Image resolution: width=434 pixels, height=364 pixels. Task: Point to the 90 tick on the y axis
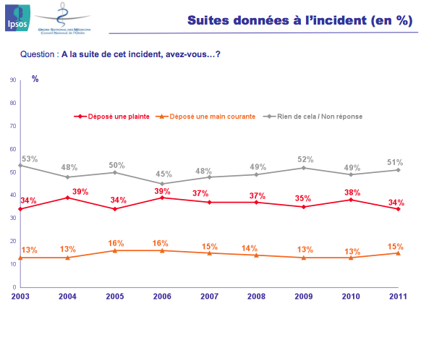(14, 80)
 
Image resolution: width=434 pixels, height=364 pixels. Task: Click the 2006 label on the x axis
(161, 297)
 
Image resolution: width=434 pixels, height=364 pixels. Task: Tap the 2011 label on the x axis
(398, 297)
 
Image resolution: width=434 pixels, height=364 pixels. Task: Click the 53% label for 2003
(29, 158)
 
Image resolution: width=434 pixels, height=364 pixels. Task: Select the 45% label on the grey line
(163, 174)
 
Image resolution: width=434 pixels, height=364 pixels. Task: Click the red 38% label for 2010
(352, 192)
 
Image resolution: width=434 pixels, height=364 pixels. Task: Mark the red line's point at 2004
(67, 198)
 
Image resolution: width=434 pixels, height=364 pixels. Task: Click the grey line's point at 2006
(162, 184)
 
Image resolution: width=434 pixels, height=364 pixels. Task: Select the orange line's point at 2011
(398, 253)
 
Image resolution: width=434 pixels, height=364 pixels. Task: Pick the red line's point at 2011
(398, 209)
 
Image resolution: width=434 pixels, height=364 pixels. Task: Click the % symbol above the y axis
(35, 78)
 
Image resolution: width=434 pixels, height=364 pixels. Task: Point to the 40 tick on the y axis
(14, 195)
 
